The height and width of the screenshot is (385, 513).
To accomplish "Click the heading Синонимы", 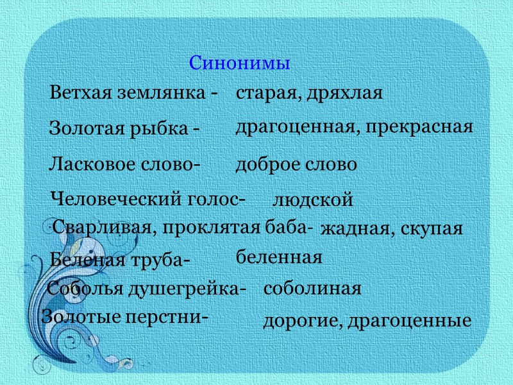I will [x=240, y=64].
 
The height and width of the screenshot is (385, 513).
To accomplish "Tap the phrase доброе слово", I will [x=296, y=165].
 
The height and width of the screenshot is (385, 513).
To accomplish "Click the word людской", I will [x=314, y=200].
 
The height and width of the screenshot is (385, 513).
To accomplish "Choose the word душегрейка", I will [x=187, y=289].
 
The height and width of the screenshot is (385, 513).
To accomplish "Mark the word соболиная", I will [x=313, y=289].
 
